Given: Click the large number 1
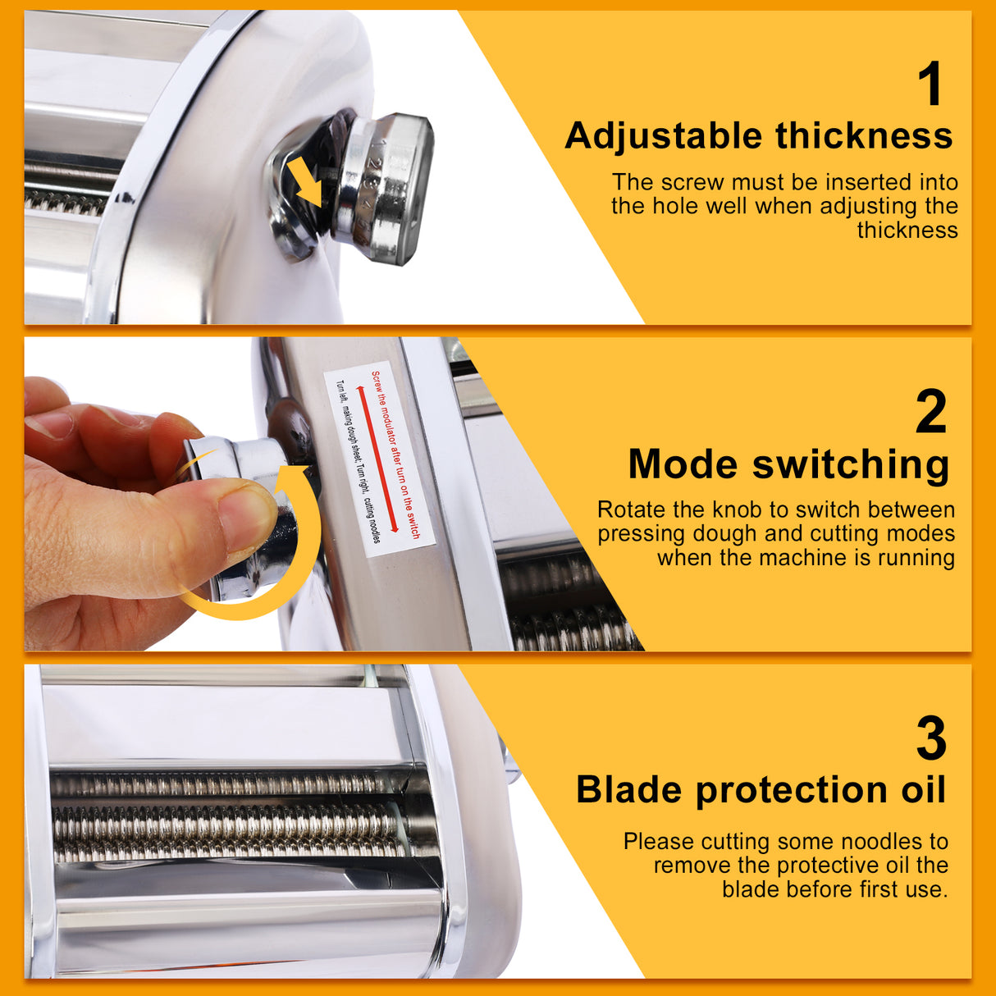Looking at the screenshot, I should pyautogui.click(x=930, y=85).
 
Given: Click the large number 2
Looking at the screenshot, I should pyautogui.click(x=930, y=412).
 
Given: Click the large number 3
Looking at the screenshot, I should pyautogui.click(x=930, y=739).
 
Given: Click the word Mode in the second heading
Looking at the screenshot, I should pyautogui.click(x=683, y=464).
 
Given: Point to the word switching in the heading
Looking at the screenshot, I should pyautogui.click(x=851, y=465).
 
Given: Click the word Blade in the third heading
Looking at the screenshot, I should pyautogui.click(x=629, y=789).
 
